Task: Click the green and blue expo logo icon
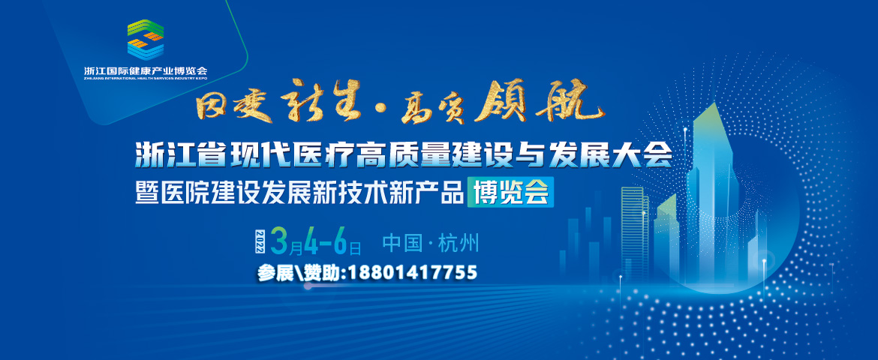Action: [146, 39]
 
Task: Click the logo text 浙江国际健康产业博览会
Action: [146, 70]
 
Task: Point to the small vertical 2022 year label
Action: [261, 240]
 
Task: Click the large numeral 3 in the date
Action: [279, 240]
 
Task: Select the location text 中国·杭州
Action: [430, 242]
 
